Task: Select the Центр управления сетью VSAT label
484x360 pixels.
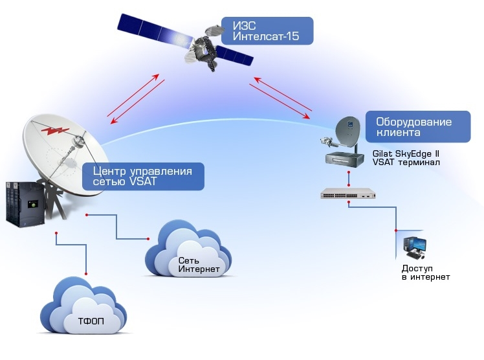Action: click(x=143, y=176)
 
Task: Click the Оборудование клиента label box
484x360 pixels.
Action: click(x=418, y=127)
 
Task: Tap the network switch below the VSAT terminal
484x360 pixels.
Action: click(x=348, y=193)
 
